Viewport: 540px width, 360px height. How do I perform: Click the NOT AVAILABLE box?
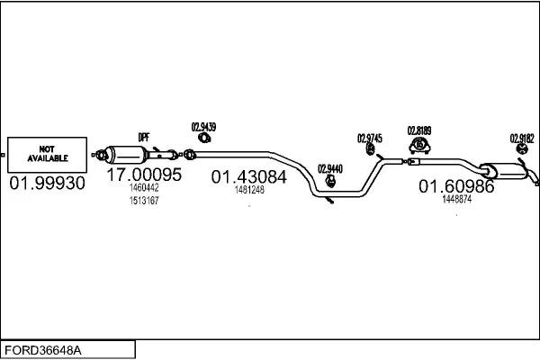point(48,154)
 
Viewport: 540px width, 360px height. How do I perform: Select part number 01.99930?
point(48,183)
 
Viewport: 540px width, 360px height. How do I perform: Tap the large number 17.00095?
point(144,175)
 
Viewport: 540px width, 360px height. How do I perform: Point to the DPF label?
point(143,137)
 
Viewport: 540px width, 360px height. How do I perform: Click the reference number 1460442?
point(144,188)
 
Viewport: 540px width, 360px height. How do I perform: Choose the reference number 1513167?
point(144,200)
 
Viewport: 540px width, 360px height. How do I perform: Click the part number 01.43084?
point(249,177)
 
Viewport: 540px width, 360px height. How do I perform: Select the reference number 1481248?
point(249,190)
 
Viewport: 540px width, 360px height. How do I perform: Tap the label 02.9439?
point(204,127)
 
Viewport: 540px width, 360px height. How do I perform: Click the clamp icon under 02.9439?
point(204,138)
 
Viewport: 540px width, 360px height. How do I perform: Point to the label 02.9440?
point(330,168)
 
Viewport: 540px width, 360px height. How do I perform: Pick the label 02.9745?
point(370,139)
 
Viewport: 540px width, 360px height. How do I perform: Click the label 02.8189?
point(420,130)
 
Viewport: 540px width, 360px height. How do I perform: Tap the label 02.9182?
point(522,138)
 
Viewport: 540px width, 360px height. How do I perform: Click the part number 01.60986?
point(456,186)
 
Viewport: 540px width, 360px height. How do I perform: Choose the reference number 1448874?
point(457,199)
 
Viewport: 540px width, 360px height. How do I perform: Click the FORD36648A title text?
point(46,349)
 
